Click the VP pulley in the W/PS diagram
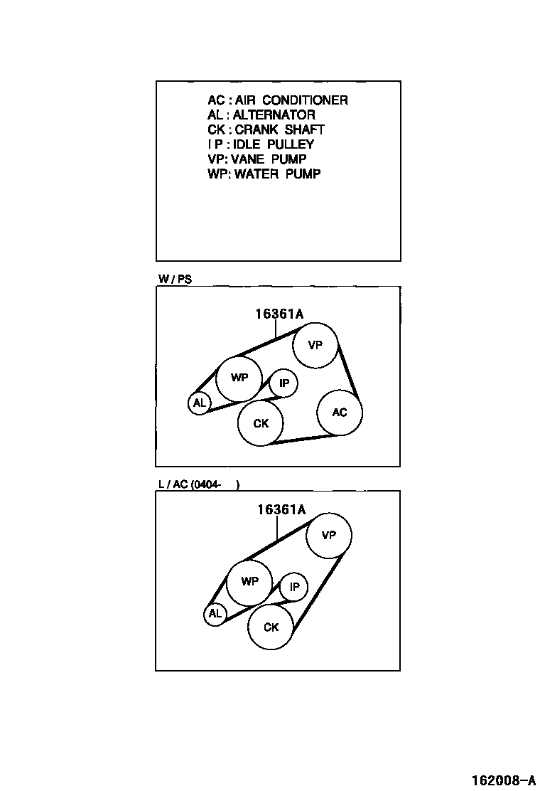click(x=315, y=345)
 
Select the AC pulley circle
click(x=340, y=412)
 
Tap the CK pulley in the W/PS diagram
click(x=261, y=423)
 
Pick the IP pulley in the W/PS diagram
click(x=283, y=384)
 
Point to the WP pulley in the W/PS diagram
click(x=239, y=378)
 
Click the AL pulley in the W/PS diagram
click(x=199, y=403)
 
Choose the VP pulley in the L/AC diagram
click(x=328, y=535)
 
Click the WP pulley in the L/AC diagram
click(x=249, y=581)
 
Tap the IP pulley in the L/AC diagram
click(x=293, y=588)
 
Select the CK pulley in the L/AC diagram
click(x=271, y=627)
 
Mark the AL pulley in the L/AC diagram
click(x=215, y=614)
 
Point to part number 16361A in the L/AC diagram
click(x=281, y=509)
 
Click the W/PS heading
click(x=175, y=280)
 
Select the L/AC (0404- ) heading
click(x=199, y=484)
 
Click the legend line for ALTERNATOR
click(x=261, y=115)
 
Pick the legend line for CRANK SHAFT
click(x=266, y=129)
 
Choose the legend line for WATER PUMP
click(x=264, y=174)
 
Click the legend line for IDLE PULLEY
click(x=261, y=144)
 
